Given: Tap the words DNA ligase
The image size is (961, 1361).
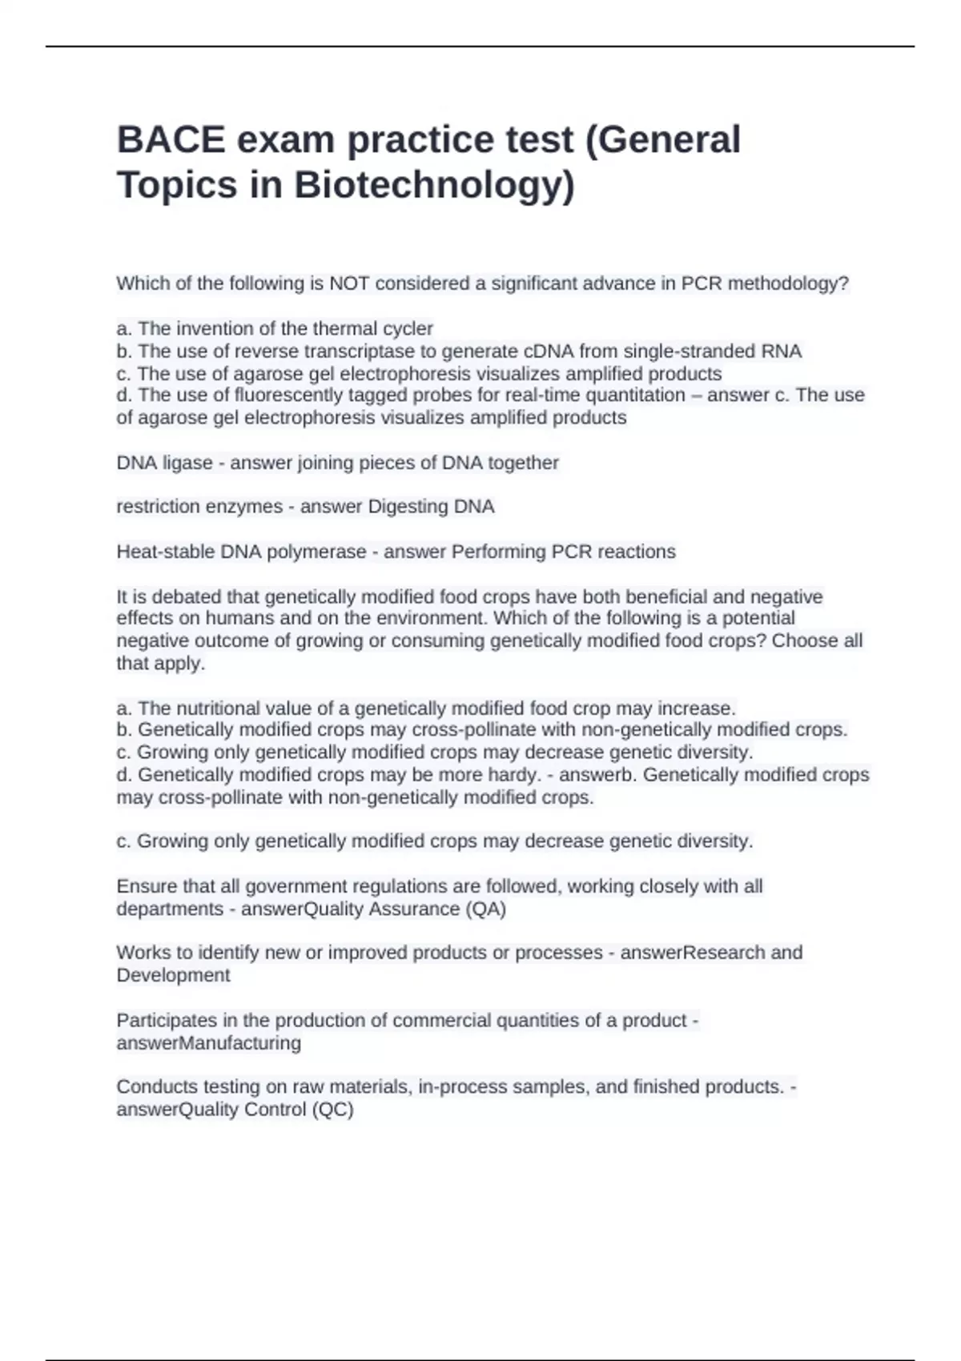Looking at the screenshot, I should (x=164, y=463).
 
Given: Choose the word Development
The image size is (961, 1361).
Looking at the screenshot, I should (x=173, y=975).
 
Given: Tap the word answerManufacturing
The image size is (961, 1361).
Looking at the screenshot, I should (x=208, y=1043).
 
